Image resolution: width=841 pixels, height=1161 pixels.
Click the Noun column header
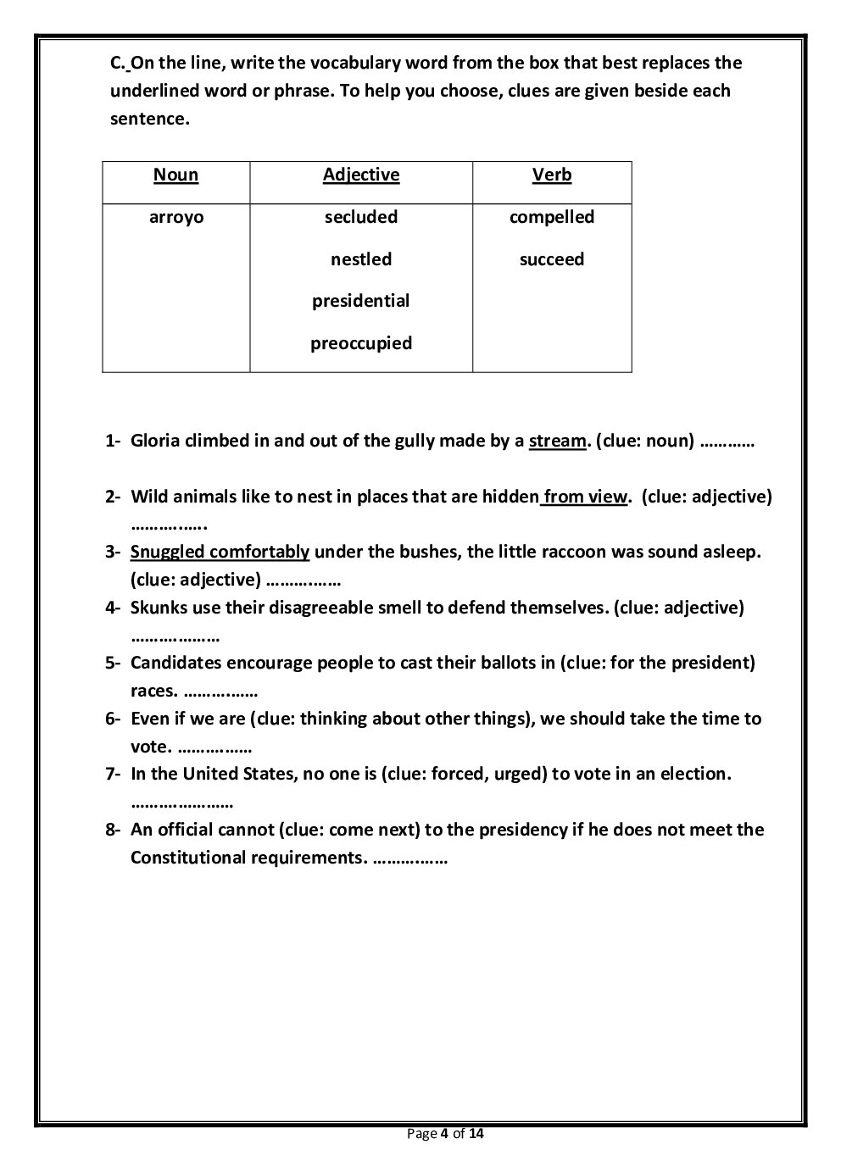pyautogui.click(x=175, y=175)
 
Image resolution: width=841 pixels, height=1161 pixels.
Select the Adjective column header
pyautogui.click(x=361, y=175)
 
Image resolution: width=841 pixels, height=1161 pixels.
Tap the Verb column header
pyautogui.click(x=552, y=175)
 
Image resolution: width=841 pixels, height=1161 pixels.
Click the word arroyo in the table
pyautogui.click(x=176, y=218)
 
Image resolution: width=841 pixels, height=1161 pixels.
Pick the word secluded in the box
pyautogui.click(x=361, y=218)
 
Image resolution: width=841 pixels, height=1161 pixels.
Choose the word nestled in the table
pyautogui.click(x=361, y=260)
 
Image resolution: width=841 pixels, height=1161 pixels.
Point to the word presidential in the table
pyautogui.click(x=361, y=302)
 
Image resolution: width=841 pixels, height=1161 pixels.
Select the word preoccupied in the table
pyautogui.click(x=361, y=344)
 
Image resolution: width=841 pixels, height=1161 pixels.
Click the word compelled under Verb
pyautogui.click(x=552, y=218)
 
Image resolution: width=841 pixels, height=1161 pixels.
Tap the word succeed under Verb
pyautogui.click(x=552, y=260)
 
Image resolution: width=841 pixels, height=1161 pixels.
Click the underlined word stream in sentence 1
pyautogui.click(x=557, y=442)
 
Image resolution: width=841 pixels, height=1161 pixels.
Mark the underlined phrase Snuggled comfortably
pyautogui.click(x=220, y=553)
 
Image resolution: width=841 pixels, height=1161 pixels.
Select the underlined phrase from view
pyautogui.click(x=586, y=497)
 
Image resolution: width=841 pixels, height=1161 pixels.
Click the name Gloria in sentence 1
pyautogui.click(x=155, y=442)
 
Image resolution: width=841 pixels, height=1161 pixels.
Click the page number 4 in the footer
pyautogui.click(x=445, y=1134)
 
